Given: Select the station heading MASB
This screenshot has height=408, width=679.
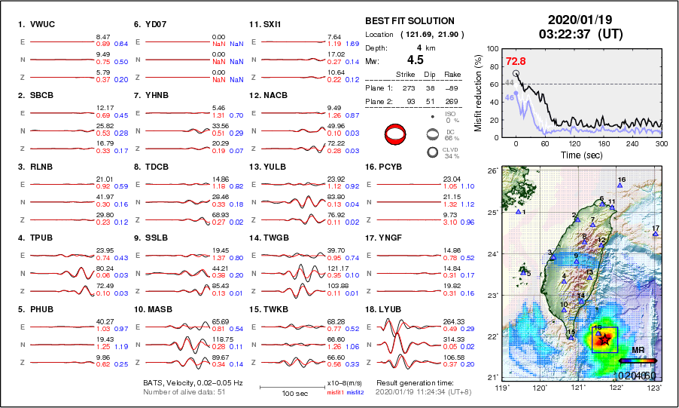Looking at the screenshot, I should click(x=151, y=308).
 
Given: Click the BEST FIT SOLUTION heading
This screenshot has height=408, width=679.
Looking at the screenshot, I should click(x=410, y=21).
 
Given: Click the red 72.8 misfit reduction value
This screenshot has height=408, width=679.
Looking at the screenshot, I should click(x=516, y=61).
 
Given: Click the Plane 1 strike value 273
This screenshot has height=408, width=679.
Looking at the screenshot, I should click(x=409, y=87).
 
